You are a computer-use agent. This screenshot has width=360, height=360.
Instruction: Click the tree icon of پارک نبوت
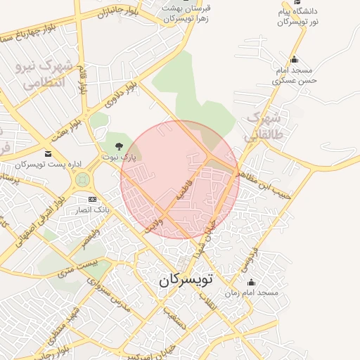[x=118, y=146]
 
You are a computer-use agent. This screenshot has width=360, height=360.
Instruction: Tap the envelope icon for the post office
[x=48, y=153]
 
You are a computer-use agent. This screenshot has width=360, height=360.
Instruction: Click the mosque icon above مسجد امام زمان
[x=252, y=282]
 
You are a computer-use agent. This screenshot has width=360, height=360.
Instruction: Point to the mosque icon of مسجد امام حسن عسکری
[x=294, y=60]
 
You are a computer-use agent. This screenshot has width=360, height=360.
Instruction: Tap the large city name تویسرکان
[x=185, y=279]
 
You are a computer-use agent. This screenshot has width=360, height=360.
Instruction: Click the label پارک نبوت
[x=118, y=157]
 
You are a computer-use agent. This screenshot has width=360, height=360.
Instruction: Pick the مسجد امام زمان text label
[x=252, y=292]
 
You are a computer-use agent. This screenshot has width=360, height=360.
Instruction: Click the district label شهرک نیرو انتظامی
[x=42, y=73]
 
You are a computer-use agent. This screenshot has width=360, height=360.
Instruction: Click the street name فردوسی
[x=250, y=259]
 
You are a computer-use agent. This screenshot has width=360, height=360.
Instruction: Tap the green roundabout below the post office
[x=83, y=179]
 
